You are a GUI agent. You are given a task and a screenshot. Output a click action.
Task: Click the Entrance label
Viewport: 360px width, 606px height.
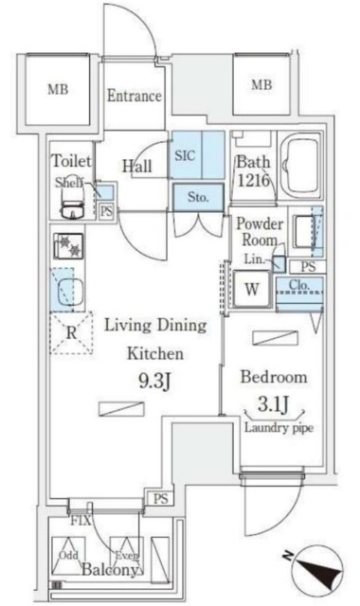(134, 97)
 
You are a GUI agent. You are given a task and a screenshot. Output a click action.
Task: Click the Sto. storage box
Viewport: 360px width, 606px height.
(198, 198)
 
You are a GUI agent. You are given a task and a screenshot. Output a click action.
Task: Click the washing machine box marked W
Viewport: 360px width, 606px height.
(253, 289)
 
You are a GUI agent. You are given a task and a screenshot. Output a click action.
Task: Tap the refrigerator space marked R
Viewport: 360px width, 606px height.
(68, 332)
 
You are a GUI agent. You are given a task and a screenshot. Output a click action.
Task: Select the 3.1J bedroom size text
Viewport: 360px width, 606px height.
(274, 407)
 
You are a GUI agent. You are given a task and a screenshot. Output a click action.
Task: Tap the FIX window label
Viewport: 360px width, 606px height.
(80, 520)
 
